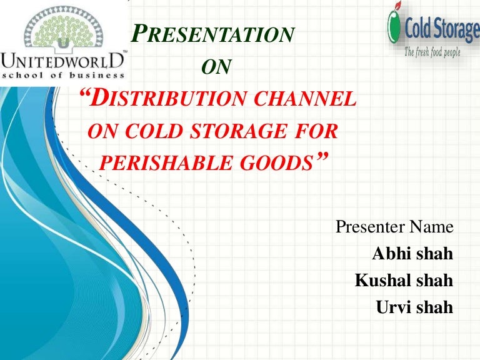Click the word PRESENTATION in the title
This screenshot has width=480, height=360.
coord(213,35)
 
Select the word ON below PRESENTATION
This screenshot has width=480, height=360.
coord(219,67)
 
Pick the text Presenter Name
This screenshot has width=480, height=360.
coord(394,227)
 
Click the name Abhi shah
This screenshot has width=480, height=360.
coord(412,254)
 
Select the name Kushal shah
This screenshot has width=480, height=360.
coord(404,281)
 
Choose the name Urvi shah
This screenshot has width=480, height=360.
coord(414,307)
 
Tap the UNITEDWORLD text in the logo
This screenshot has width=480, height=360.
coord(64,61)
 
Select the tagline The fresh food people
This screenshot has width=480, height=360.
coord(432,52)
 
